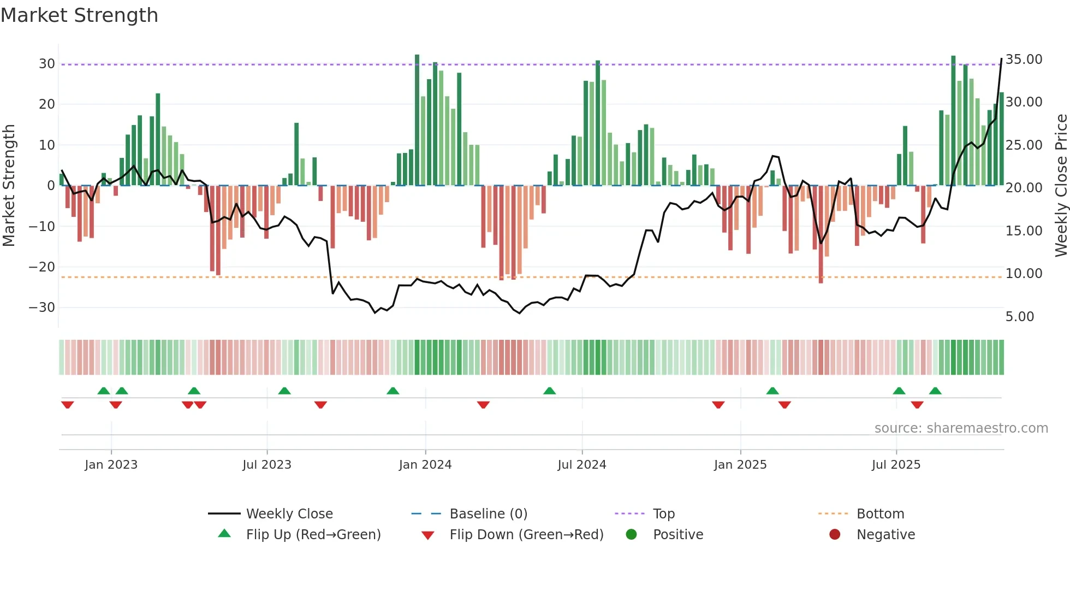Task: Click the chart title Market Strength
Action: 79,15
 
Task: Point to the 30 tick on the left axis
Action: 47,64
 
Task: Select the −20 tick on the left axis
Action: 42,267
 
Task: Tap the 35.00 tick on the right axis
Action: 1024,60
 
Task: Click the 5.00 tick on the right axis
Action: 1019,317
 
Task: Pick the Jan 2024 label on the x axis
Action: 425,465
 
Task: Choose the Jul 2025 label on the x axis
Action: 895,465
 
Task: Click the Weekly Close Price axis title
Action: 1061,185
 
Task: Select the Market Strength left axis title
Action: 9,185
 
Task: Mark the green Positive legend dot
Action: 631,535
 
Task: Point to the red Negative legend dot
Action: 834,535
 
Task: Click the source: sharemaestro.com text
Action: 961,428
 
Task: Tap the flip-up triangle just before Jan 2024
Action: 393,391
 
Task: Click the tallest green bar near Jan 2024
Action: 417,120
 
